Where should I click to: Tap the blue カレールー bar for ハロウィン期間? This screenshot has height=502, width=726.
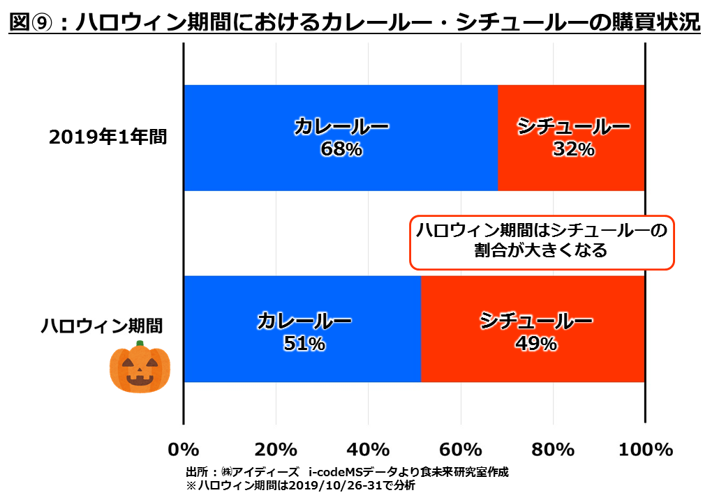(302, 366)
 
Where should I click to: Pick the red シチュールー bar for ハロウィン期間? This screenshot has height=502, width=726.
(533, 366)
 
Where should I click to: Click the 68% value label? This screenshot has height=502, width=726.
(341, 149)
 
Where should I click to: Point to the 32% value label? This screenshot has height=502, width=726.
(573, 149)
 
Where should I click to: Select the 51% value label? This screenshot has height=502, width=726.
(304, 343)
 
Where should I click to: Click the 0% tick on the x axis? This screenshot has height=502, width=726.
(184, 449)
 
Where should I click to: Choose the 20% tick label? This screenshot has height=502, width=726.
(276, 449)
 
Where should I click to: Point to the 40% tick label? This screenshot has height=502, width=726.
(369, 449)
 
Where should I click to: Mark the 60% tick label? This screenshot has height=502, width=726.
(461, 449)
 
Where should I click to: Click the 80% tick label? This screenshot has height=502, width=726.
(553, 449)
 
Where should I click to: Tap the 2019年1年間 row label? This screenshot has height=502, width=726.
(108, 137)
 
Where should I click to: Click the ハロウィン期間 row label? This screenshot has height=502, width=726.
(101, 325)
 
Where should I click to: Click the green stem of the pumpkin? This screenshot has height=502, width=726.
(140, 344)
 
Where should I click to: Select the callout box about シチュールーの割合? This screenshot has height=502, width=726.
(541, 241)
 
